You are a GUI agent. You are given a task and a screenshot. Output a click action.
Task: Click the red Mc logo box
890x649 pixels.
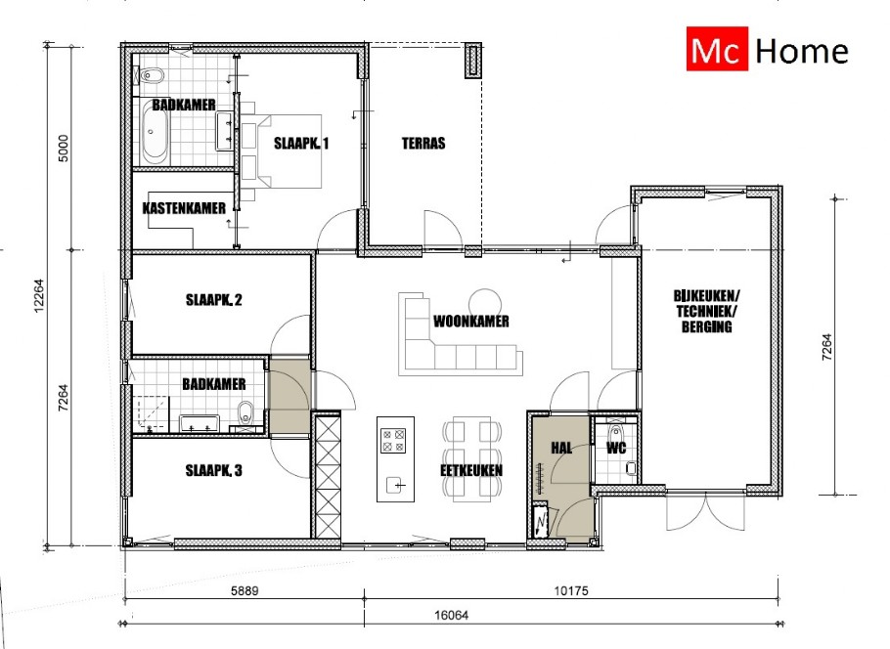tap(717, 49)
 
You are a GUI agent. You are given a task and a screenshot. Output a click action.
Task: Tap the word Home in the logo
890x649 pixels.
tap(802, 51)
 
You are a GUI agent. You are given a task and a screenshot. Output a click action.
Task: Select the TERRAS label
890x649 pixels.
tap(423, 143)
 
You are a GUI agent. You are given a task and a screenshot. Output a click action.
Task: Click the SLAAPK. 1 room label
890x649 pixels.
tap(301, 143)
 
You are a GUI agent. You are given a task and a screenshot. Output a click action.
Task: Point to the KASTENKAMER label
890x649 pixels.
tap(184, 208)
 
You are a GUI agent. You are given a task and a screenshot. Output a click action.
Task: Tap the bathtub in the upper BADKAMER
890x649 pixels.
tap(154, 137)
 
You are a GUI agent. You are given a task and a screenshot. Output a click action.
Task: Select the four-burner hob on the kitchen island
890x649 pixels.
tap(393, 441)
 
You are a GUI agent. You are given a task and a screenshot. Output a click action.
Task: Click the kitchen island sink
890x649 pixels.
tap(396, 486)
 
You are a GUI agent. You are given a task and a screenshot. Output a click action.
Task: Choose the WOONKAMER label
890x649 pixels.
tap(471, 322)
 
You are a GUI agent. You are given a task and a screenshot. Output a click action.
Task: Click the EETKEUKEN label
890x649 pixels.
tap(471, 470)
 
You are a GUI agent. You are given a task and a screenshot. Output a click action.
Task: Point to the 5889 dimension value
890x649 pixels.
tap(245, 590)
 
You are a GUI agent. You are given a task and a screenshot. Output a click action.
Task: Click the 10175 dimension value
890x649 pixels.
tap(571, 590)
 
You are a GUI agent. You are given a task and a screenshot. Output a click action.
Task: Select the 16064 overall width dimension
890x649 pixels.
tap(451, 615)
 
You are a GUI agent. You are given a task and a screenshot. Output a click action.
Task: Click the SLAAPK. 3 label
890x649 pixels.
tap(213, 470)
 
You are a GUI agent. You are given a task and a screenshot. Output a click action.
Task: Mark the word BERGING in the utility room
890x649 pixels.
tap(707, 326)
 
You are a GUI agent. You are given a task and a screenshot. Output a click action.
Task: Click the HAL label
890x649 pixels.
tap(561, 448)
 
